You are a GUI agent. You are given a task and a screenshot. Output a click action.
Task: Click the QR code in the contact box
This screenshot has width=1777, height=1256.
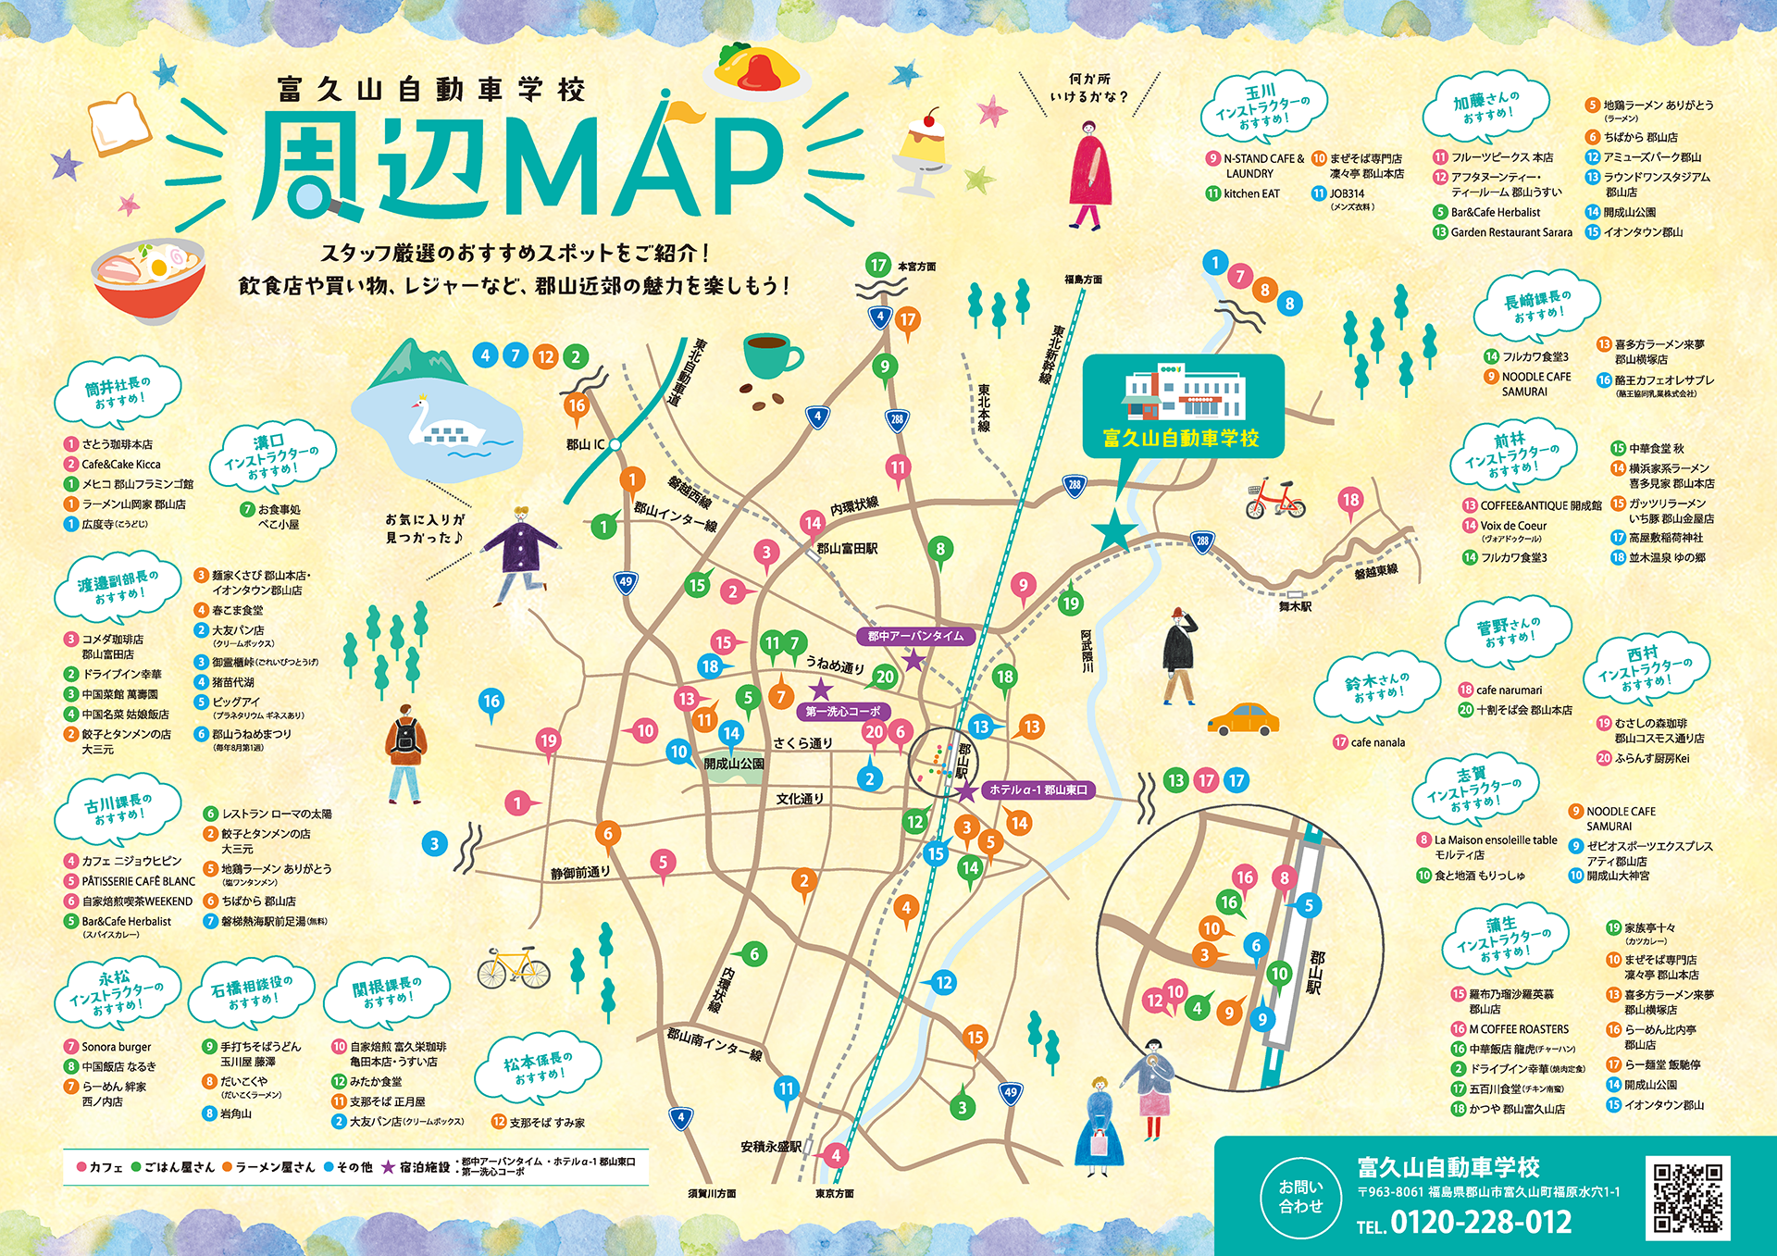pos(1687,1197)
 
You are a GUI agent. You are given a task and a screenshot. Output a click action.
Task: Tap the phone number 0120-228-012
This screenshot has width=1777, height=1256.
pos(1480,1223)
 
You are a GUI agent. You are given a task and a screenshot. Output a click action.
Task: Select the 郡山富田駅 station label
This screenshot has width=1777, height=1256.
pos(847,549)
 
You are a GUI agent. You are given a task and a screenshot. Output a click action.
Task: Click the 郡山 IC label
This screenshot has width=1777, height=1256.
pos(585,445)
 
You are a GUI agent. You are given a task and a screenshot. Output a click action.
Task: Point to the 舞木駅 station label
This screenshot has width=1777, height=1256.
pos(1295,606)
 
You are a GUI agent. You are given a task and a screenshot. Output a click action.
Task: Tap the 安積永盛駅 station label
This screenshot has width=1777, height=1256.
pos(771,1147)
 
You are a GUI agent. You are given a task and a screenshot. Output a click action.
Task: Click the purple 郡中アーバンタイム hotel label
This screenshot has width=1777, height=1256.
pos(915,636)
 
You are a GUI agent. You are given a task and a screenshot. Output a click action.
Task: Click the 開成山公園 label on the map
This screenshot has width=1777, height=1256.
pos(734,764)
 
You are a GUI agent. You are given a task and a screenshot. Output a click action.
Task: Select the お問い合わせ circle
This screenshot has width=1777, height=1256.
pos(1300,1196)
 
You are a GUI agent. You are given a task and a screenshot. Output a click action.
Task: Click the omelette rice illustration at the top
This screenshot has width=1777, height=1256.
pos(756,70)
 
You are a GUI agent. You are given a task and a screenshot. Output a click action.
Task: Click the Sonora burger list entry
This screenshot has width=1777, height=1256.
pos(116,1047)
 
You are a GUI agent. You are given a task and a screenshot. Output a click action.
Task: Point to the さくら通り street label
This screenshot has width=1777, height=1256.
pos(802,742)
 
